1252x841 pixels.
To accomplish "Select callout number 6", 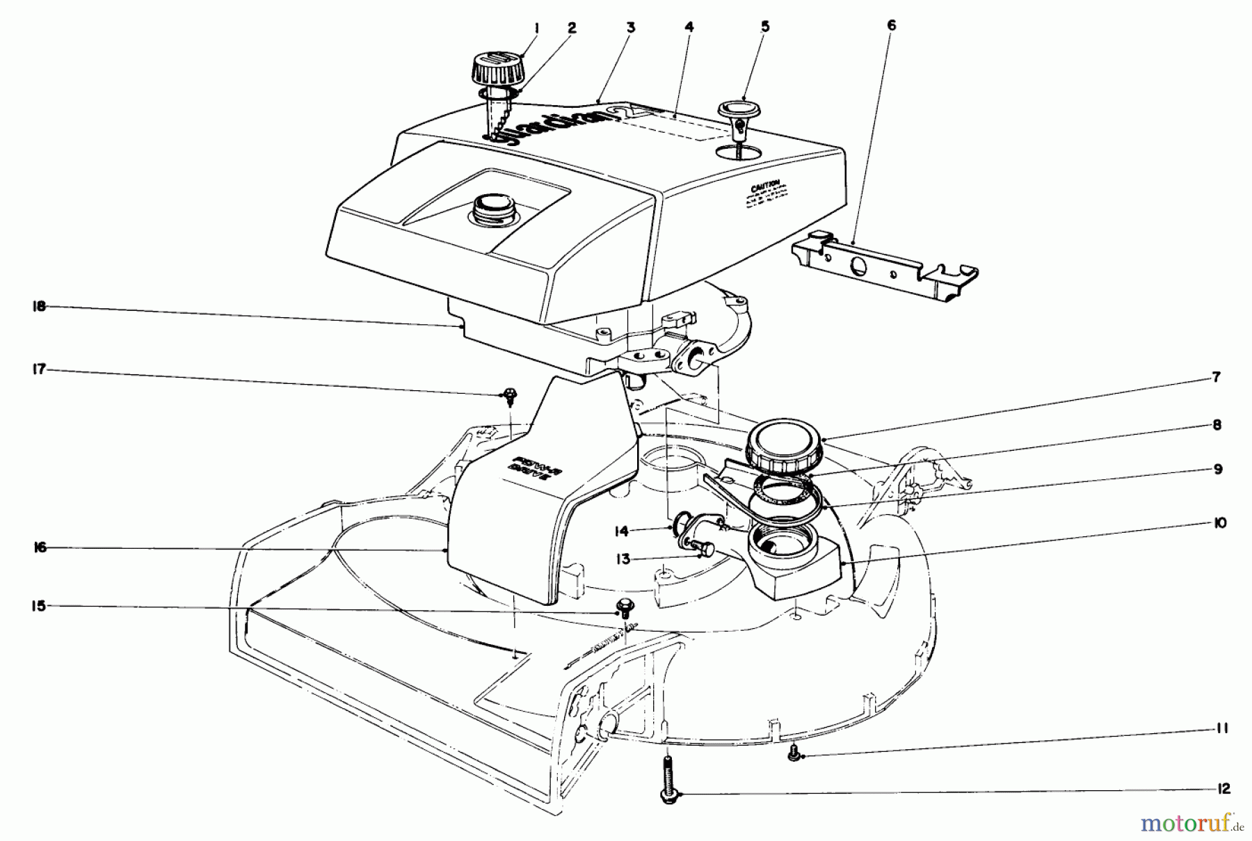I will [x=892, y=26].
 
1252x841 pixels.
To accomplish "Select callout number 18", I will [x=39, y=307].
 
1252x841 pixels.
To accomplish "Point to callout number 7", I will [x=1216, y=378].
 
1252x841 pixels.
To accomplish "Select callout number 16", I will [x=40, y=548].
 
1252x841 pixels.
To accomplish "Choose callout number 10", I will [x=1219, y=523].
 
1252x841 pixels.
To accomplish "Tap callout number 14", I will [x=621, y=531].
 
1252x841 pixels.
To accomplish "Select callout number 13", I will [x=623, y=559].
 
